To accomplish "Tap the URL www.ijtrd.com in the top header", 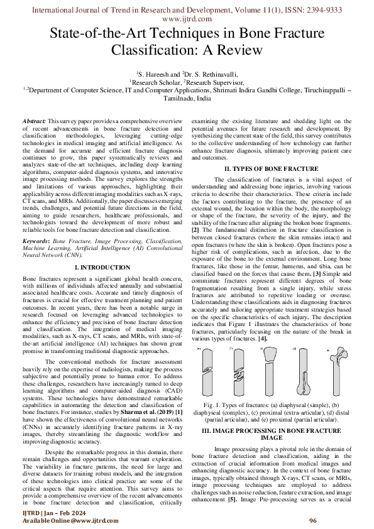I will tap(187, 19).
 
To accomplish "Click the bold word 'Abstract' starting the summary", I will tap(33, 120).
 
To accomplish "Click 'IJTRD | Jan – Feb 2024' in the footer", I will tap(48, 513).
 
